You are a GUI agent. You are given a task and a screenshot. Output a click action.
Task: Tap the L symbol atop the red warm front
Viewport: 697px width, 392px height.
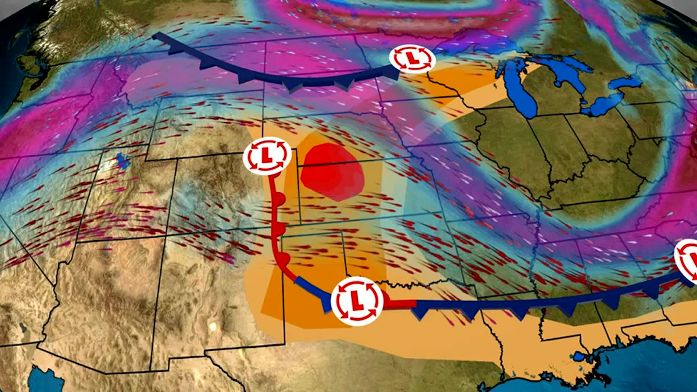pyautogui.click(x=267, y=155)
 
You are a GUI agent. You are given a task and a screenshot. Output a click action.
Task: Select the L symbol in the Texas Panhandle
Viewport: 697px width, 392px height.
pyautogui.click(x=357, y=300)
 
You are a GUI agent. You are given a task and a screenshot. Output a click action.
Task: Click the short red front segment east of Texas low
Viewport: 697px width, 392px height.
pyautogui.click(x=399, y=304)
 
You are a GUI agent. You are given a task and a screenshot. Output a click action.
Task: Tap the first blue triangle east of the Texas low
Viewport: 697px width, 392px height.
pyautogui.click(x=421, y=312)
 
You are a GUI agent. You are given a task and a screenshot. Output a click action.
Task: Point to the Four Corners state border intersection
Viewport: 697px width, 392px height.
pyautogui.click(x=166, y=236)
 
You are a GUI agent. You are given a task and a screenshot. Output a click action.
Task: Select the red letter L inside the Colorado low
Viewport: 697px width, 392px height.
pyautogui.click(x=267, y=155)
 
